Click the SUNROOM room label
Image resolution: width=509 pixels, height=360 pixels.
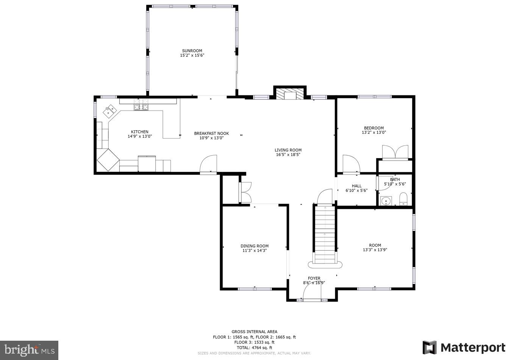coord(192,51)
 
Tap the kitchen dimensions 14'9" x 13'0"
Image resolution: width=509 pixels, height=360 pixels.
coord(139,137)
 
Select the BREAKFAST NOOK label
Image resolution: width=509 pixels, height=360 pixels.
coord(211,133)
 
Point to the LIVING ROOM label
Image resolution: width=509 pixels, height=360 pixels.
coord(288,150)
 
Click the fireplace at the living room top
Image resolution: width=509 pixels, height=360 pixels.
coord(290,94)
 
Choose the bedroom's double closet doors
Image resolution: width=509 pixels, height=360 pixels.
coord(395,152)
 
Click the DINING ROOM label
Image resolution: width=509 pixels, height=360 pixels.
coord(254,246)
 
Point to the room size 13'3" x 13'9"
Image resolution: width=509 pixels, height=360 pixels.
coord(375,250)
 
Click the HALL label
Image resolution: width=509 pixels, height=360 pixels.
coord(356,186)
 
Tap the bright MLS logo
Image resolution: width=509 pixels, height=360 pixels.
coord(29,350)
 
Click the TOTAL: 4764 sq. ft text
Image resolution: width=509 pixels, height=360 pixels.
coord(254,348)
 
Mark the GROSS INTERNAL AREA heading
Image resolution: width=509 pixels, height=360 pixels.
coord(254,332)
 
